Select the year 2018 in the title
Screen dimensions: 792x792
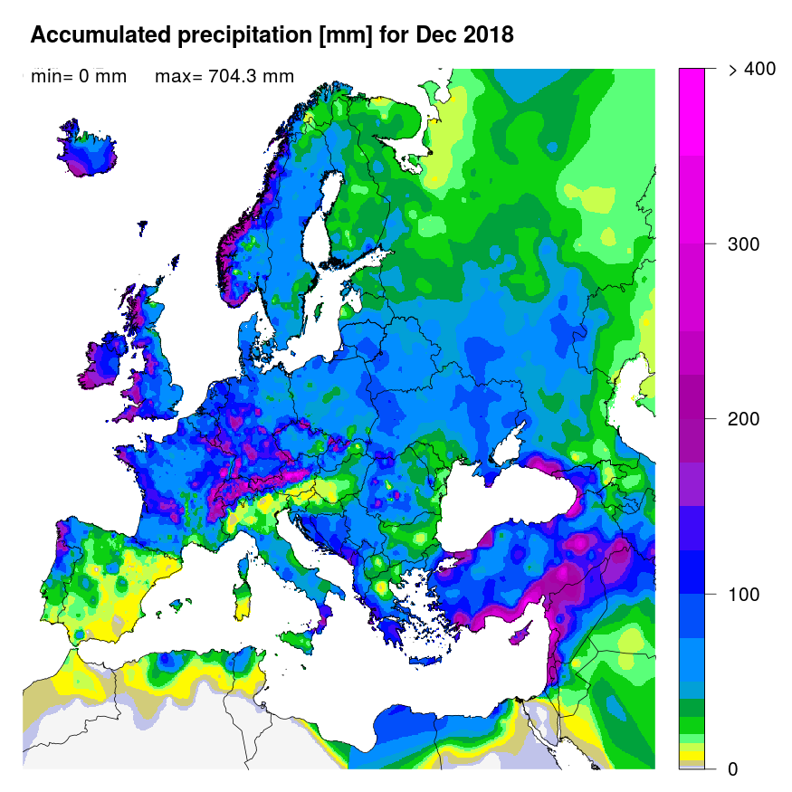pyautogui.click(x=489, y=35)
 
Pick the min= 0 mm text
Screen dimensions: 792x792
pyautogui.click(x=78, y=76)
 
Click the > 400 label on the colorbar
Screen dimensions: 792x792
pyautogui.click(x=750, y=70)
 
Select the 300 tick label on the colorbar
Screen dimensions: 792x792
pyautogui.click(x=744, y=244)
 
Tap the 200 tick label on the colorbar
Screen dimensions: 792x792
pyautogui.click(x=744, y=419)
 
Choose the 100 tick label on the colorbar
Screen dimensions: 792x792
pyautogui.click(x=744, y=595)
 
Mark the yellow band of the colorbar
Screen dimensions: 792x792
pyautogui.click(x=692, y=755)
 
